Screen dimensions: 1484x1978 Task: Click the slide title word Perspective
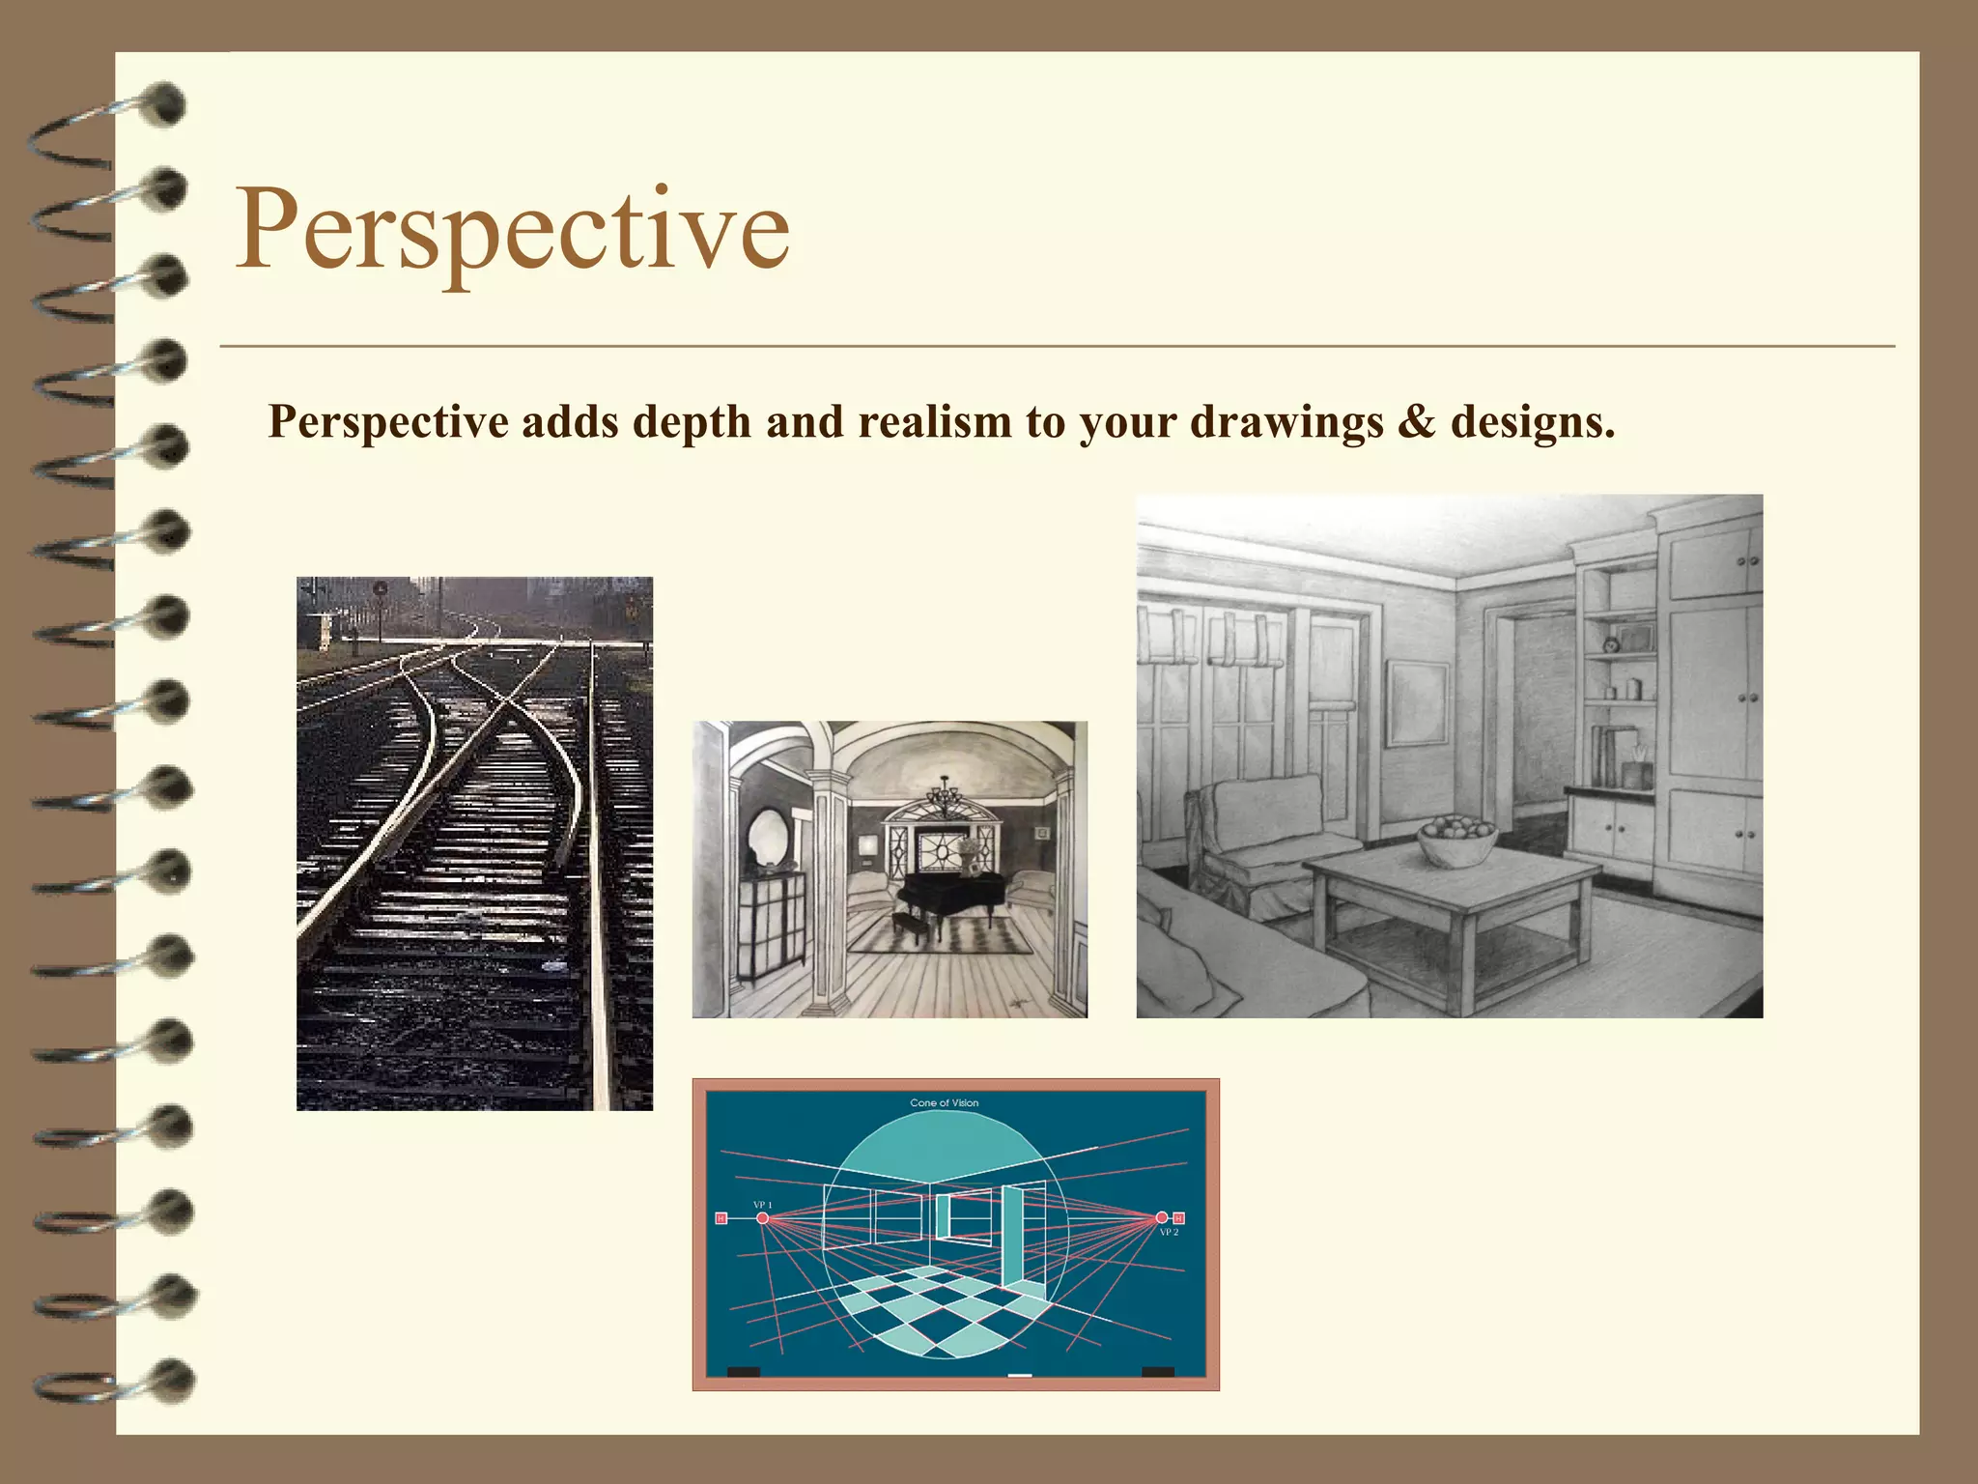tap(513, 230)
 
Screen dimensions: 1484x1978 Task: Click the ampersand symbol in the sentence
tap(1416, 422)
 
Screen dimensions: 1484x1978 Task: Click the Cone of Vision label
tap(944, 1102)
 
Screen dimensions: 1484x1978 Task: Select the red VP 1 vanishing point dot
tap(762, 1219)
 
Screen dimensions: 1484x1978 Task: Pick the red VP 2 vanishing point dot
tap(1162, 1217)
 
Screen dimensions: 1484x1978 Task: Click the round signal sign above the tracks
tap(381, 586)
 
